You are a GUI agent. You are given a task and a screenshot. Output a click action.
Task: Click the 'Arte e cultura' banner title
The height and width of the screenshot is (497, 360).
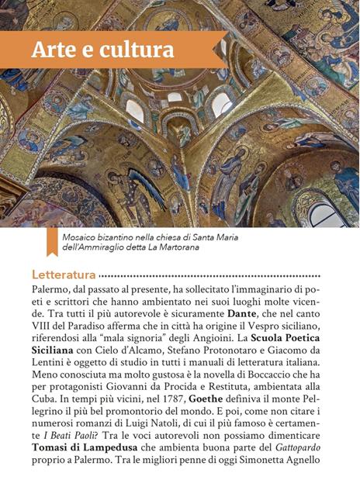[102, 49]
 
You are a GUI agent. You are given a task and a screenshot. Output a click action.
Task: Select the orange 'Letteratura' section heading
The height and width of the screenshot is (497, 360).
[64, 274]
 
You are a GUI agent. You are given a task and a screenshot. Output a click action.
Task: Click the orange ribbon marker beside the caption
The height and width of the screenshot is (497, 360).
[51, 243]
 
